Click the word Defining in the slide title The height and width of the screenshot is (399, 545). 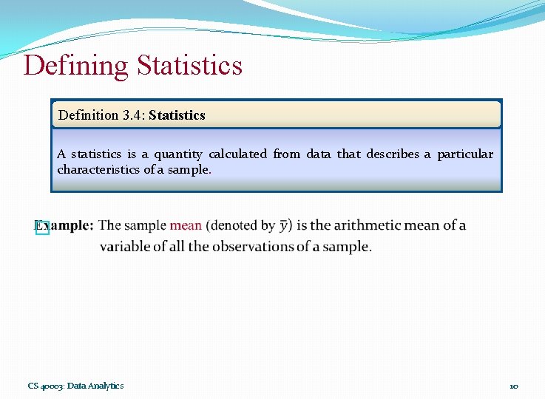tap(75, 66)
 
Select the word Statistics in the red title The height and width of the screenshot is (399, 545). tap(189, 66)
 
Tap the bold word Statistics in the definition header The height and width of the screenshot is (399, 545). tap(177, 115)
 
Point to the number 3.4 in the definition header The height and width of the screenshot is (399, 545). tap(132, 115)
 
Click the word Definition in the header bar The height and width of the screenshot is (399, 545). tap(88, 115)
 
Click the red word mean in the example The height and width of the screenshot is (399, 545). tap(186, 225)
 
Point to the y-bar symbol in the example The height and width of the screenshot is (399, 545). tap(285, 225)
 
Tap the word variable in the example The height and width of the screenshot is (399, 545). tap(125, 247)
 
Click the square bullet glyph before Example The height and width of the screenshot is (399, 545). tap(42, 228)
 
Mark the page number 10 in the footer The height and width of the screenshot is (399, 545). tap(513, 386)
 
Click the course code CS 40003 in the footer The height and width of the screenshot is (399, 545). tap(46, 386)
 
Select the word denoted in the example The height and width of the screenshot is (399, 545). tap(234, 225)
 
